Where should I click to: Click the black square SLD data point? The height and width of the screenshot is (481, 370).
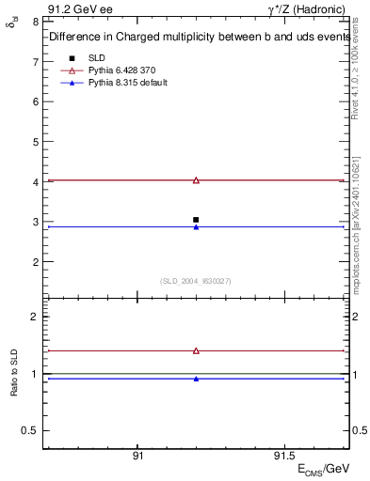(196, 220)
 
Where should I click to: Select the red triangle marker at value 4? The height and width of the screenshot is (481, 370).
(196, 179)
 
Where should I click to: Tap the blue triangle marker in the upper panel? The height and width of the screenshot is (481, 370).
(196, 226)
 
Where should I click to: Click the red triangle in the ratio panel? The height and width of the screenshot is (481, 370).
(196, 350)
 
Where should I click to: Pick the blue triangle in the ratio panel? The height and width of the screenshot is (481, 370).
(196, 379)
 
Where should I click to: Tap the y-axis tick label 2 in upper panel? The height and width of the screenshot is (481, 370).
(35, 261)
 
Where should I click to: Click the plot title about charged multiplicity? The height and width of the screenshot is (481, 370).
(196, 37)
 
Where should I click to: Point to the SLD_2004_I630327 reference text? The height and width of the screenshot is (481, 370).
(196, 280)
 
